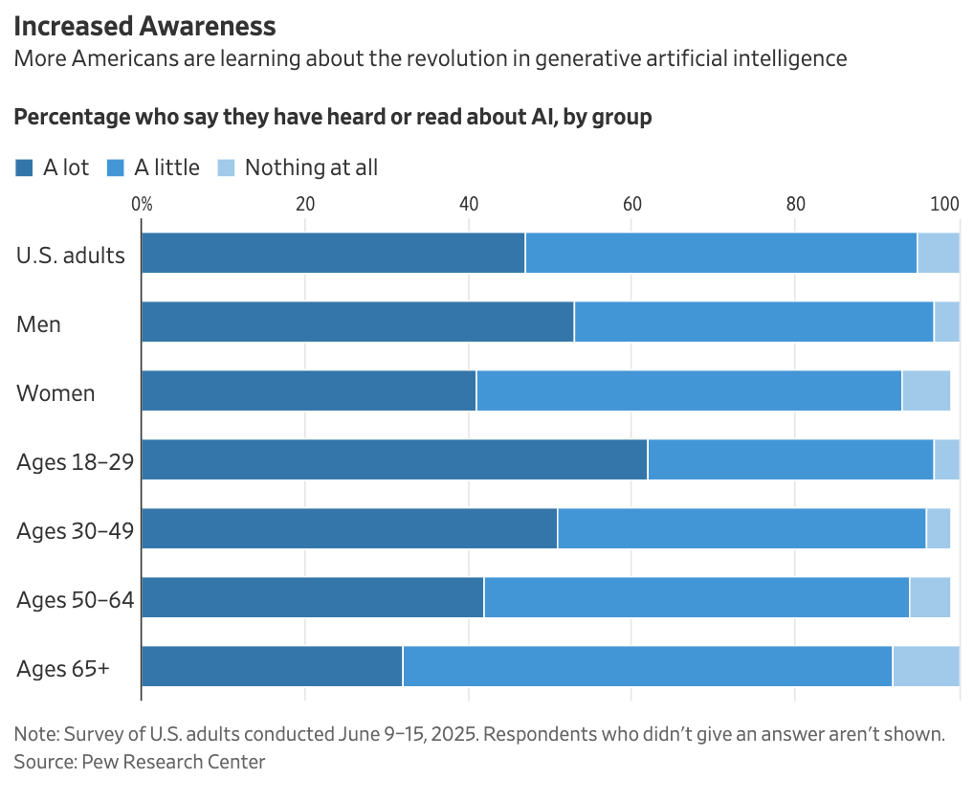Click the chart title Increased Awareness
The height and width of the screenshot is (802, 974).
[144, 26]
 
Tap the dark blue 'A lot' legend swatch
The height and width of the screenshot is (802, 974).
[24, 168]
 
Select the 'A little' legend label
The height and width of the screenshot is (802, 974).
[166, 167]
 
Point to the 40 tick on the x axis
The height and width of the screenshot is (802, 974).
[469, 204]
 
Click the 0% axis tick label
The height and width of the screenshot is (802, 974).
[142, 204]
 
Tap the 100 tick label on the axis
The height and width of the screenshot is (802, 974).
[945, 204]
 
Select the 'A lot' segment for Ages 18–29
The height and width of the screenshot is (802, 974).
[394, 459]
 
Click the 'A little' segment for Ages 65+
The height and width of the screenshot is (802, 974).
[647, 666]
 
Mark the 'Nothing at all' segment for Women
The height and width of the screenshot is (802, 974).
[925, 390]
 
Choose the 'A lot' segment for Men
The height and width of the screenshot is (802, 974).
[358, 322]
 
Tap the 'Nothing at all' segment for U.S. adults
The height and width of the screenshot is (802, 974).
[938, 253]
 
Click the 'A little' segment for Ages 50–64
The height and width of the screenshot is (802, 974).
[697, 597]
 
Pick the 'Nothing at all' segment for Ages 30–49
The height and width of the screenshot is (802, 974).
[938, 528]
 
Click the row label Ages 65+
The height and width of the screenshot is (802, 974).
[63, 669]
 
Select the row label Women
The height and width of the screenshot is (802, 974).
[55, 393]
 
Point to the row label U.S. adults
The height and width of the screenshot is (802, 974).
[71, 256]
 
